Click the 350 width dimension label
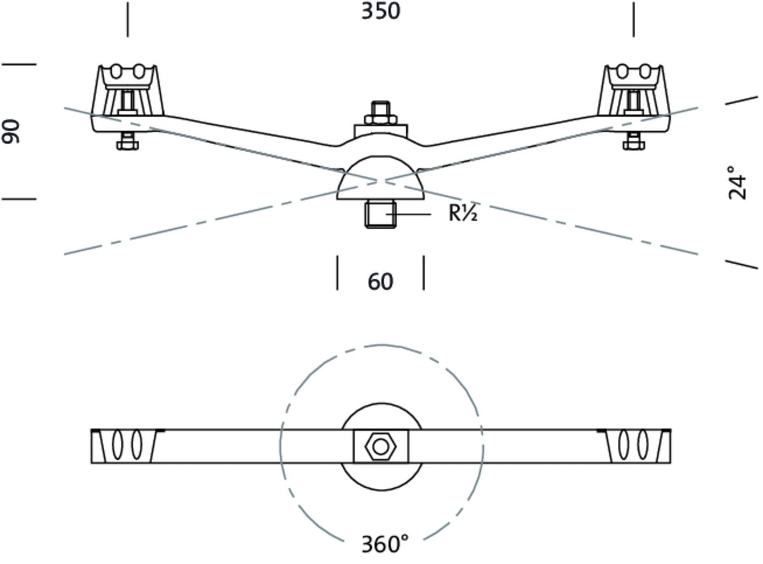coord(381,11)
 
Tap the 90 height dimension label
coord(11,131)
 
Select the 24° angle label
coord(738,183)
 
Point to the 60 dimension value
coord(380,281)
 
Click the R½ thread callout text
coord(463,213)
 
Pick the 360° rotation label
coord(385,544)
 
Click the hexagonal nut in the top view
coord(380,447)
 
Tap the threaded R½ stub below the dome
coord(380,214)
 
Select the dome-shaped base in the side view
coord(380,178)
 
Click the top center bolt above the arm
coord(381,113)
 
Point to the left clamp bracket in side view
coord(128,90)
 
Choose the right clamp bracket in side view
coord(634,90)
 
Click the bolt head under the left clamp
coord(128,141)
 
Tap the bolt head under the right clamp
coord(634,141)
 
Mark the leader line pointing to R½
coord(408,215)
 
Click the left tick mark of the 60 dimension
coord(337,273)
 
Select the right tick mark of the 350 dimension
coord(634,19)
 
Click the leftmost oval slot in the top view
coord(117,445)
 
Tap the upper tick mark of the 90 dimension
coord(19,64)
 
